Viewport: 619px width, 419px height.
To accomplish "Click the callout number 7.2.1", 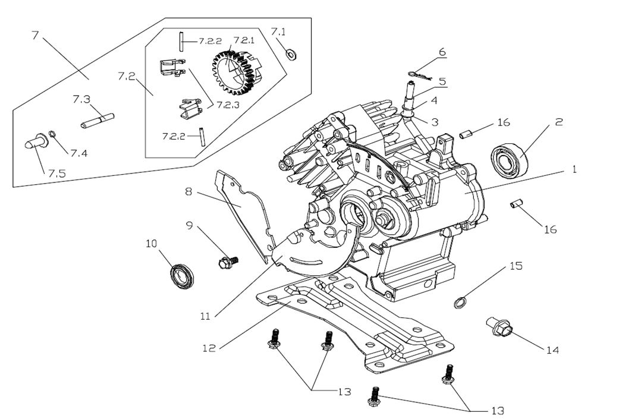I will coord(244,40).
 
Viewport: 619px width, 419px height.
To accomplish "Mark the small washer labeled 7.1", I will coord(291,53).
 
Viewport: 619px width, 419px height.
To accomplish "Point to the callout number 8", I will coord(188,193).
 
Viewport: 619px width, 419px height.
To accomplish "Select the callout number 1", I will coord(574,169).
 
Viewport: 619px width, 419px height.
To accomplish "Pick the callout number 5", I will coord(442,81).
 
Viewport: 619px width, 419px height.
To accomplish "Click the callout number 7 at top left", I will coord(35,35).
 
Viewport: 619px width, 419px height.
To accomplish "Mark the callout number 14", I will coord(552,351).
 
